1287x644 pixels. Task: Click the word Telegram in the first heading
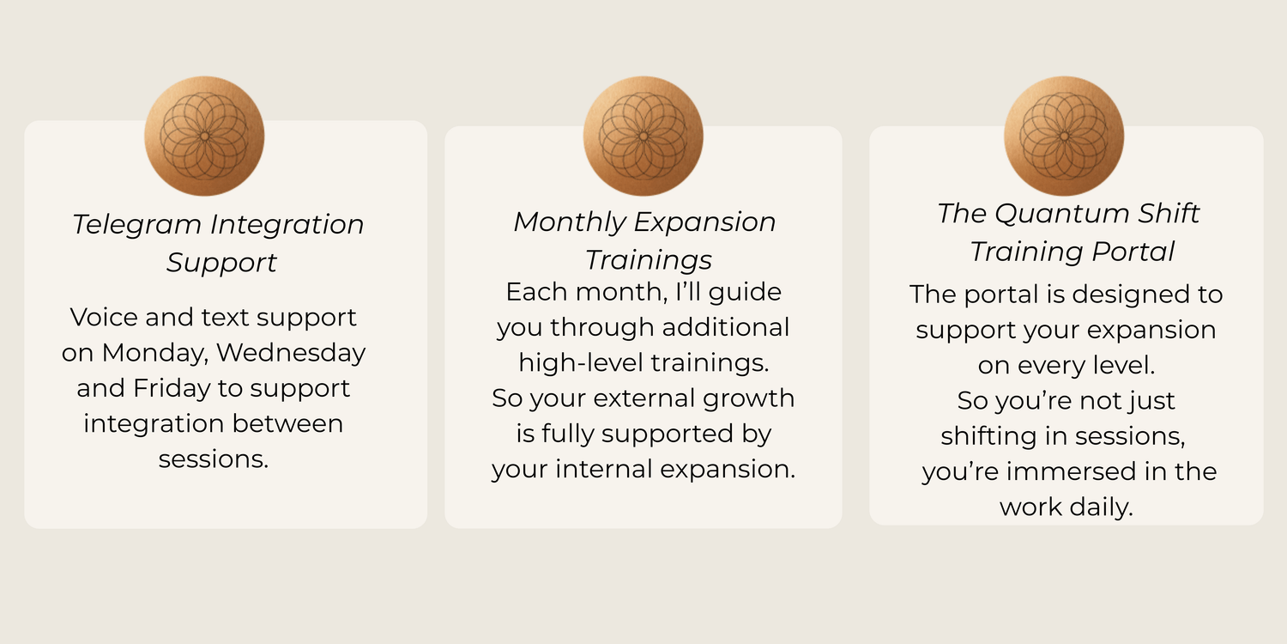click(x=136, y=225)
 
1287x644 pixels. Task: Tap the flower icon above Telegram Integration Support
click(x=204, y=136)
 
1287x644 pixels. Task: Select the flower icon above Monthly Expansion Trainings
click(x=643, y=136)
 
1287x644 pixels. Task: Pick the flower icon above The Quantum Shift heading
click(x=1064, y=136)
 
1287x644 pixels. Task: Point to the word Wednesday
click(x=292, y=352)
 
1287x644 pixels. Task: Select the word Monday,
click(x=154, y=353)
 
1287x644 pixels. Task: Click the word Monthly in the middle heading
click(x=570, y=222)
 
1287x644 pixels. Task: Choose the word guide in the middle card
click(x=746, y=293)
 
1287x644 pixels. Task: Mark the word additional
click(x=726, y=327)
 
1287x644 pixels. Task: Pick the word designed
click(x=1127, y=295)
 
